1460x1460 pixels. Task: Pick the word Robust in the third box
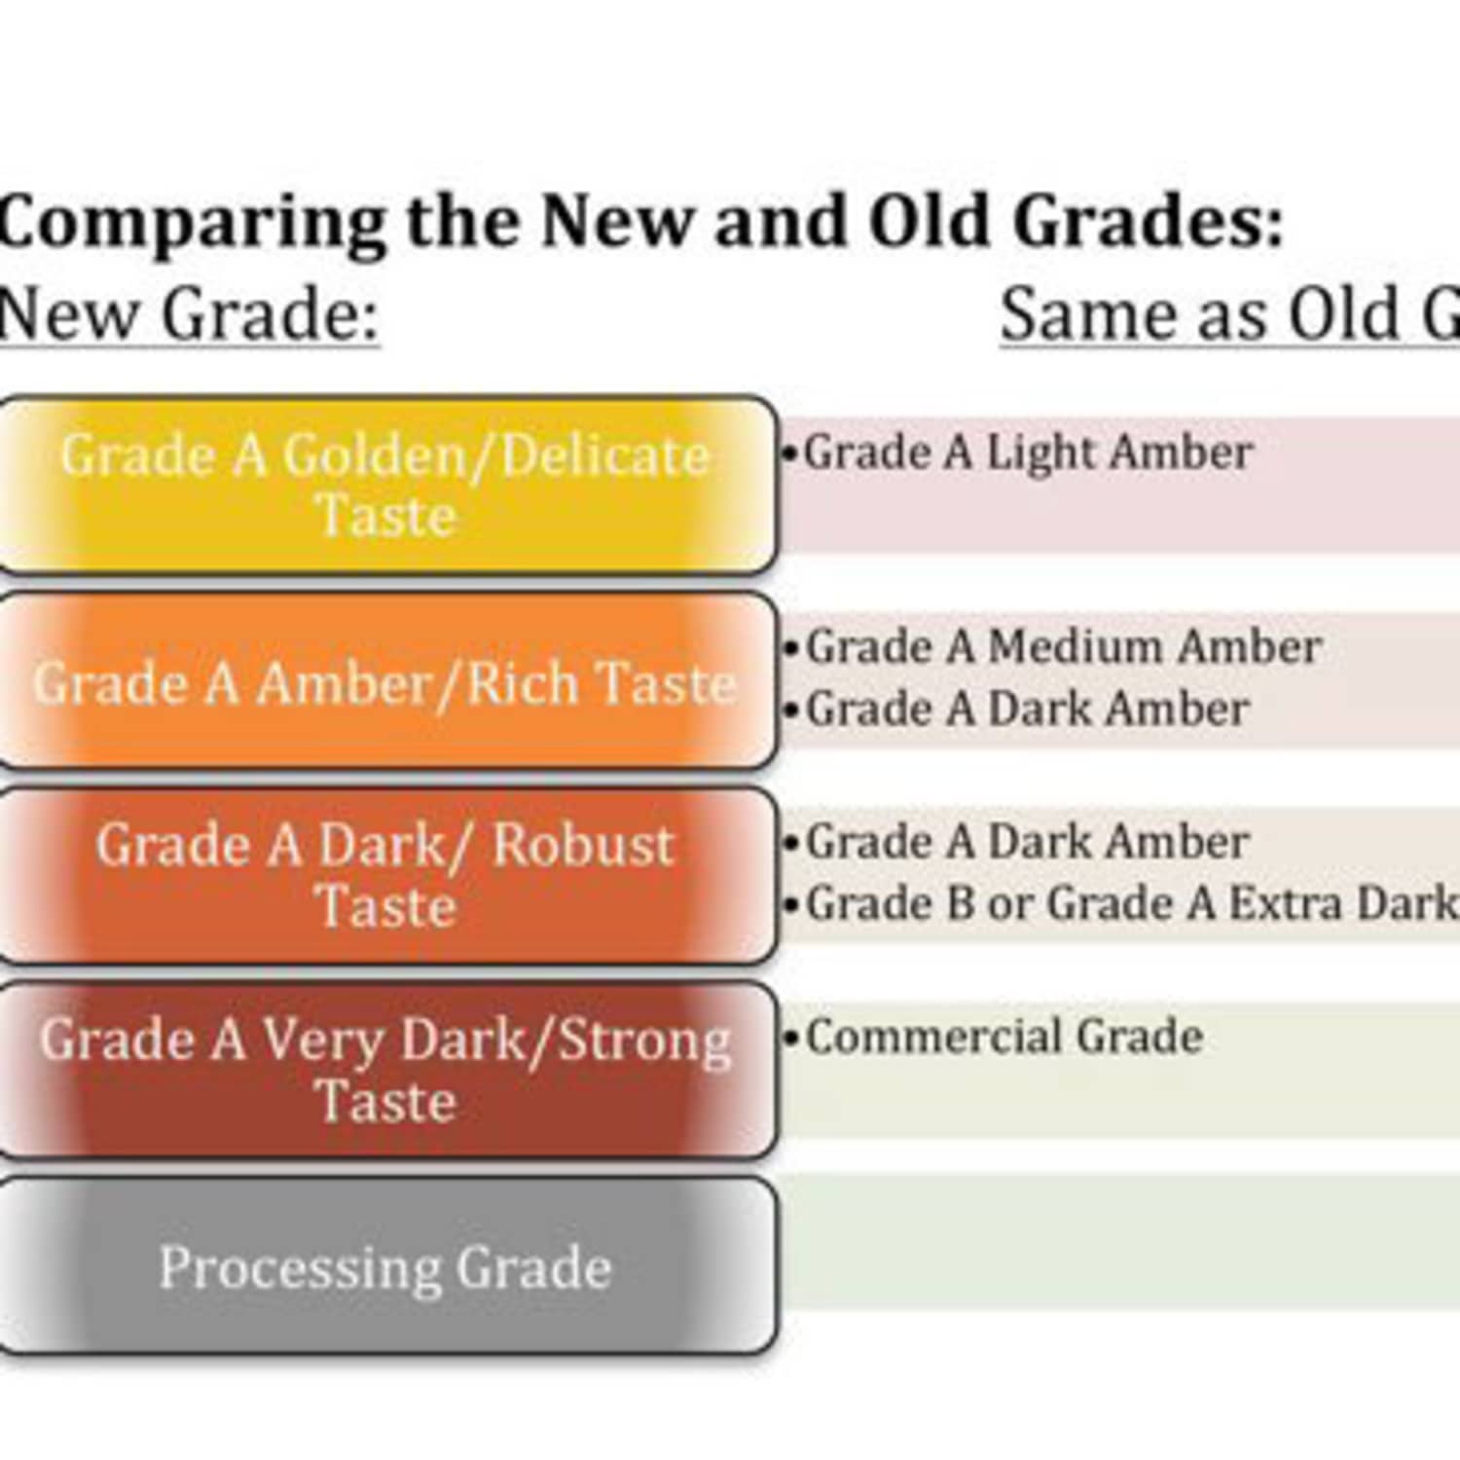(582, 844)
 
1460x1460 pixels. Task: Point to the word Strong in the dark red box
(644, 1040)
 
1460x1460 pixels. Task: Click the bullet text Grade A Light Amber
(1027, 453)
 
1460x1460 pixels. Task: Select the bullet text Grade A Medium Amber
(1063, 647)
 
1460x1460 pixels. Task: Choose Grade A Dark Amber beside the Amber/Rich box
(1027, 709)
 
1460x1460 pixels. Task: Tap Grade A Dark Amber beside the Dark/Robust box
(1027, 842)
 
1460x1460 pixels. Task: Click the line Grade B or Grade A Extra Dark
(1129, 903)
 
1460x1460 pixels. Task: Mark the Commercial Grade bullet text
(1004, 1037)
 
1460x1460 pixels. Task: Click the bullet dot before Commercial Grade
(791, 1038)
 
